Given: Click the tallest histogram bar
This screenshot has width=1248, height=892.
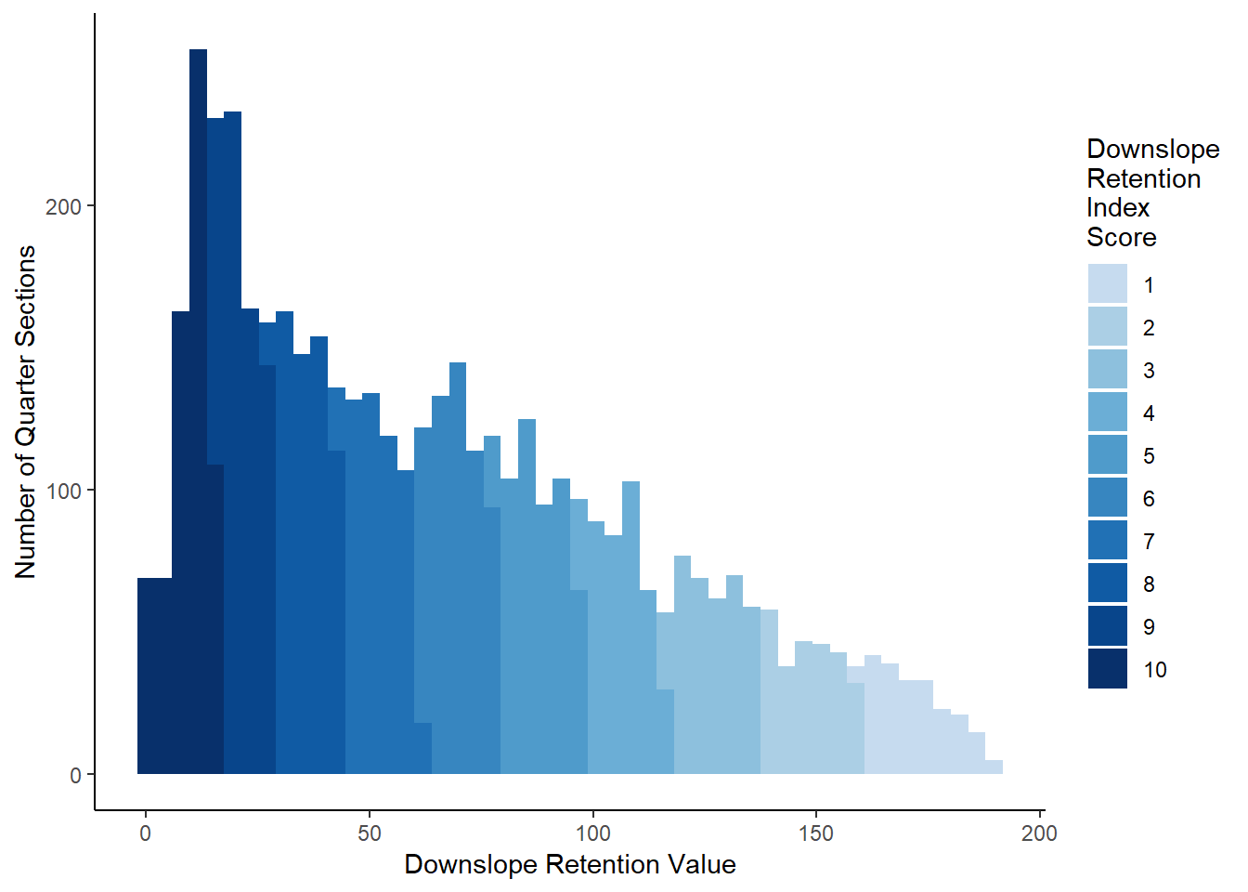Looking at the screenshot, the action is (x=199, y=412).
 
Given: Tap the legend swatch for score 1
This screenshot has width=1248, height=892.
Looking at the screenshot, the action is (x=1108, y=283).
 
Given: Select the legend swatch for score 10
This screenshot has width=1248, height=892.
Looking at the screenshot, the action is (x=1108, y=668).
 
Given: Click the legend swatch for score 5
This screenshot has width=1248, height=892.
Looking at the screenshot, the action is (x=1108, y=455).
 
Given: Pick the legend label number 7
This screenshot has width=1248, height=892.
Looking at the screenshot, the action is (x=1149, y=542).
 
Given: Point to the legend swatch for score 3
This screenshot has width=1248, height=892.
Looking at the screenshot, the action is (x=1108, y=369).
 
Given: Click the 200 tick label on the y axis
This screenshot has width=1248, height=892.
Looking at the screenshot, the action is (x=63, y=207).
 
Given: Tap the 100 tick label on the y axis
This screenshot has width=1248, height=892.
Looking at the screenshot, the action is (x=63, y=492).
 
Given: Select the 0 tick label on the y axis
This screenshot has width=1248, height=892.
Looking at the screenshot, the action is (x=75, y=776).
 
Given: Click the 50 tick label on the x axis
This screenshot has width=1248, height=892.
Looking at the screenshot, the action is (x=369, y=833).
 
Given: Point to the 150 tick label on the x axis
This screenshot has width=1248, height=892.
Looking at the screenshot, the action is (x=816, y=833).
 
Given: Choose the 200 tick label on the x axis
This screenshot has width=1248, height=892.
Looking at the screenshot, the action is (x=1040, y=833).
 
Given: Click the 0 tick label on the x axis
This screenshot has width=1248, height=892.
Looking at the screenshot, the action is (x=146, y=833).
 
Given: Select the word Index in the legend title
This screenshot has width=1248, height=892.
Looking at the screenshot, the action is (x=1118, y=208).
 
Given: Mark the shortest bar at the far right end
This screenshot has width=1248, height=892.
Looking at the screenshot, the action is (x=994, y=767).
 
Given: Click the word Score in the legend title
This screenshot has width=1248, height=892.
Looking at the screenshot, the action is (x=1122, y=238).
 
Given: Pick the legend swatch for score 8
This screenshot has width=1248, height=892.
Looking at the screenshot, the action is (x=1108, y=584).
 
